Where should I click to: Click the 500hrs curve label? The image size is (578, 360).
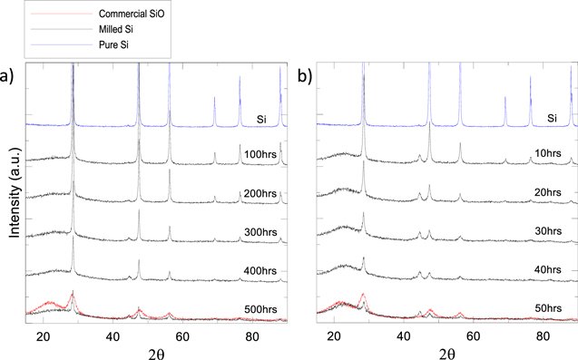tap(261, 310)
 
